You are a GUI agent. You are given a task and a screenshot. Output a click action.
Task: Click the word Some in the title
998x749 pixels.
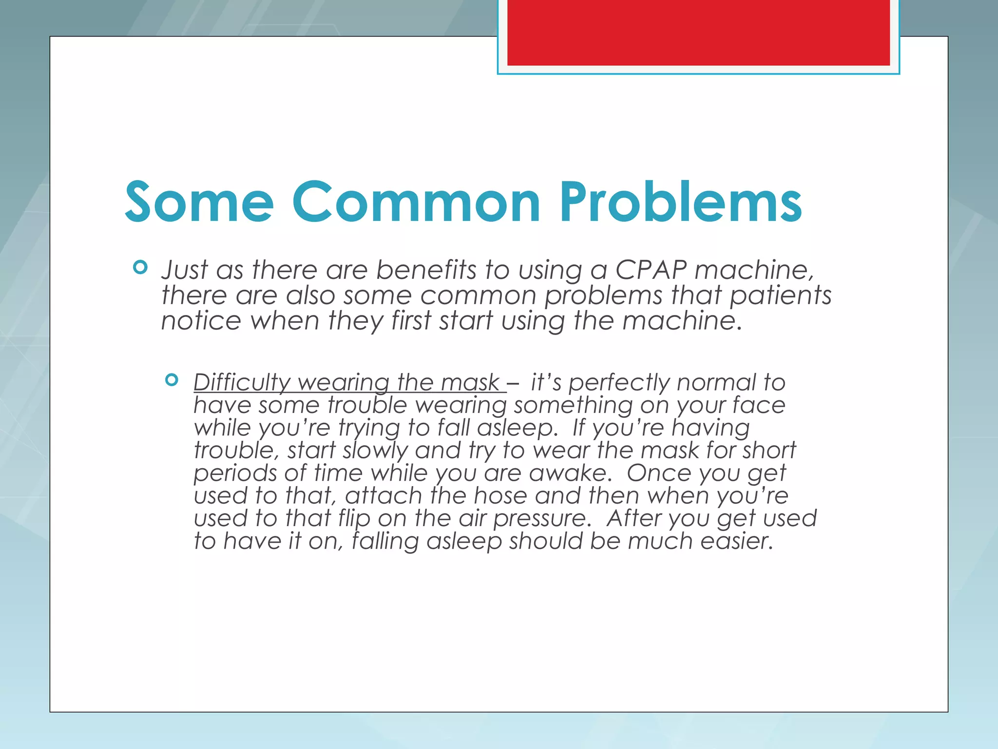point(199,202)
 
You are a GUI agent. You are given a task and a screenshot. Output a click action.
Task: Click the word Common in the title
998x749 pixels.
point(416,202)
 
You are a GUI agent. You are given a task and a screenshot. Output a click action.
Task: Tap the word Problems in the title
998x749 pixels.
point(680,202)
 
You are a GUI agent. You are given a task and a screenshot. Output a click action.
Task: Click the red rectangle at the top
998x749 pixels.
point(698,32)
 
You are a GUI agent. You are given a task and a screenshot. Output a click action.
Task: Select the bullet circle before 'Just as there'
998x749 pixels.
point(140,267)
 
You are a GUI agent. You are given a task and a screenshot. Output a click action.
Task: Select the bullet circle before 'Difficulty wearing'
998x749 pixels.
point(172,380)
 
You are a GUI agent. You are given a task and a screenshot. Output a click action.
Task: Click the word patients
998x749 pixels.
point(780,296)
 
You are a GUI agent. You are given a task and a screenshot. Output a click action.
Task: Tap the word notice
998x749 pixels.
point(201,321)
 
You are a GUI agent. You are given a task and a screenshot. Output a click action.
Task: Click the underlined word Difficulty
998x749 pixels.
point(241,383)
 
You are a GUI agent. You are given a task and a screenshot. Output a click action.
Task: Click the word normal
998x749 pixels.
point(716,383)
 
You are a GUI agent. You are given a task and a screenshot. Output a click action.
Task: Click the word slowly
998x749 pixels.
point(375,451)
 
